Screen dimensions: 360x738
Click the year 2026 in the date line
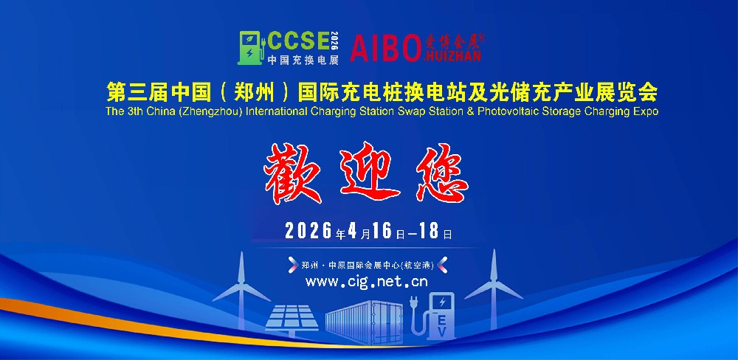[309, 232]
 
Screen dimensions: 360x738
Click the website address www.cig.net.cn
[366, 281]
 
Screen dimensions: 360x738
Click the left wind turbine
[241, 280]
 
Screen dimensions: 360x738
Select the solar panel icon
[292, 318]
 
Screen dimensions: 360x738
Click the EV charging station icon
[442, 317]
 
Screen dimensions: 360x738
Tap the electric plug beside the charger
[414, 305]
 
